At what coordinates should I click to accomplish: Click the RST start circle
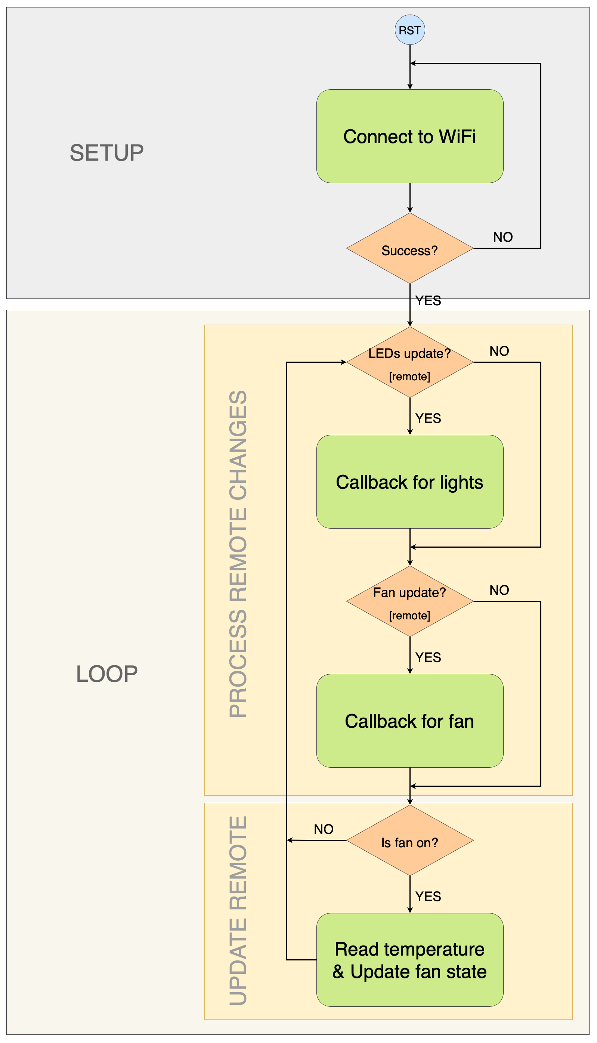409,30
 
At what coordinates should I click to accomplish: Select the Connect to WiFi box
409,136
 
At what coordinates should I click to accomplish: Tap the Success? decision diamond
409,248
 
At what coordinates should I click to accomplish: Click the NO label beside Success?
503,237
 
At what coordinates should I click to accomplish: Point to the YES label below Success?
428,300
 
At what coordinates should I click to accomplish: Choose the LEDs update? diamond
409,362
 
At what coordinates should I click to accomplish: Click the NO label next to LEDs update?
499,351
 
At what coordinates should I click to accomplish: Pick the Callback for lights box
409,482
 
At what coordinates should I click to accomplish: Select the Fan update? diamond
409,601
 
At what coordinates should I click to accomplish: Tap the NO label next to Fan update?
499,590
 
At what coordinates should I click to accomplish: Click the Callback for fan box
409,721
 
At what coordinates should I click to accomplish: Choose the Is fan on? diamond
409,841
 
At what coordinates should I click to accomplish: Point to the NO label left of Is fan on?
324,829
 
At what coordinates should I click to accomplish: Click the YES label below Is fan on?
428,896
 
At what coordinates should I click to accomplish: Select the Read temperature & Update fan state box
409,960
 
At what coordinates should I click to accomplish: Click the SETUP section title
106,153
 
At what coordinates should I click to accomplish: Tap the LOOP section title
106,674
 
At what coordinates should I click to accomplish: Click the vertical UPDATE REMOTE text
238,910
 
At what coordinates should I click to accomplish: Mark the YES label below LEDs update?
428,418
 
